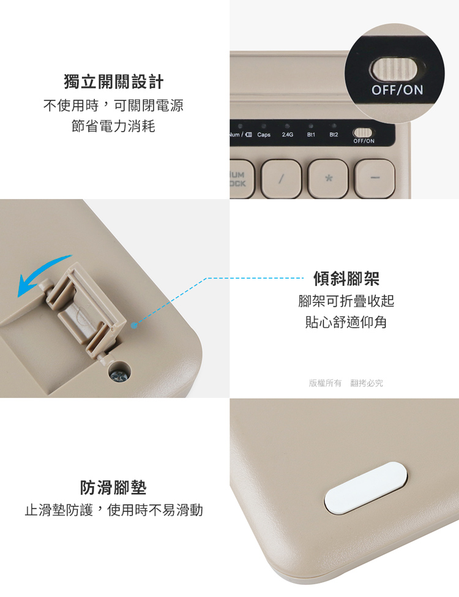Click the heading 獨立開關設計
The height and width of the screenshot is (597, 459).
113,82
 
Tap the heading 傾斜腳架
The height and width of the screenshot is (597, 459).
346,279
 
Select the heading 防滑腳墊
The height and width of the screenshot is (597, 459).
113,487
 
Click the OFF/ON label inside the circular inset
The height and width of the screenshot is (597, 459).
397,90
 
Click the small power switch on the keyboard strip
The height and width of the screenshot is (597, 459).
362,132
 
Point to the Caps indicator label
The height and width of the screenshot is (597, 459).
264,134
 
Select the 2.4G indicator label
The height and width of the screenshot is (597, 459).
288,134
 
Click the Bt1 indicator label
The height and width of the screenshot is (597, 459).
311,134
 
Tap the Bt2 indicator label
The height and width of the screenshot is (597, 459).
334,134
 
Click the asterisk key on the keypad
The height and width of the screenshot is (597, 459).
328,178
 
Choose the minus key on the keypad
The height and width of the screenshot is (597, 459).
375,178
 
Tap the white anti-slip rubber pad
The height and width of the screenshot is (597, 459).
365,488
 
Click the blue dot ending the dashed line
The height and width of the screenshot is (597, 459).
133,326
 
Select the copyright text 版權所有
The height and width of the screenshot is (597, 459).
325,383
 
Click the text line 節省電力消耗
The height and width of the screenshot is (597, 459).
113,126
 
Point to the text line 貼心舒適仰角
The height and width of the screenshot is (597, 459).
346,322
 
